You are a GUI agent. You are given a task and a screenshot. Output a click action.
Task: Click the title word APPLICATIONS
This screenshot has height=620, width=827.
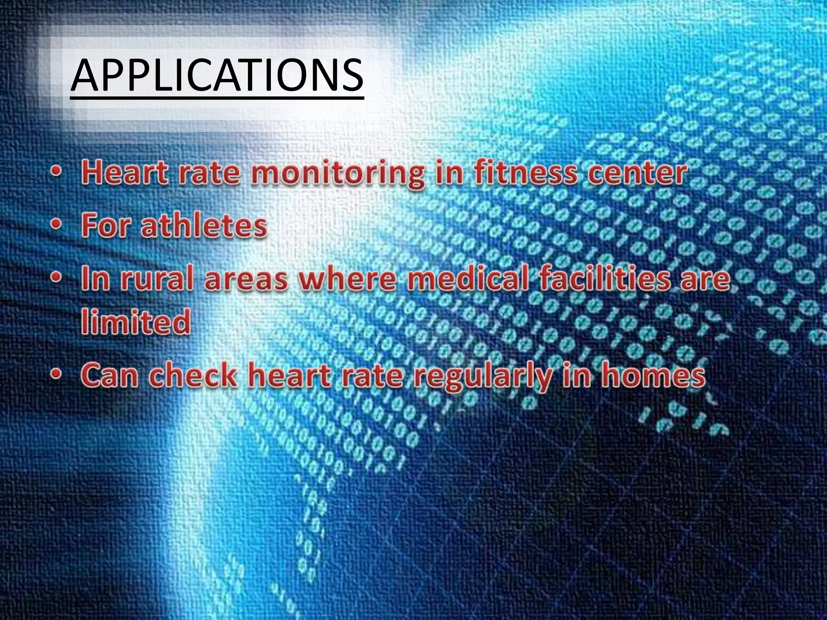pos(217,75)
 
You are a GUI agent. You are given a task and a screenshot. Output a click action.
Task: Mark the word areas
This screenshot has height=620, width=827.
pos(246,280)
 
